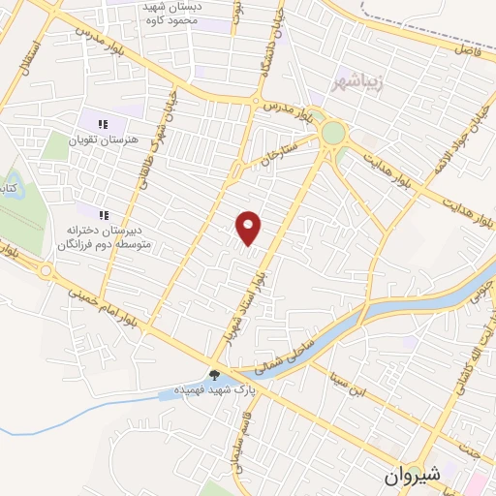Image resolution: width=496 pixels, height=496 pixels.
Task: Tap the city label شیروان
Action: (412, 476)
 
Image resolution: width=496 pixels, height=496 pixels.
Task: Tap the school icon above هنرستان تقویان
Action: (104, 123)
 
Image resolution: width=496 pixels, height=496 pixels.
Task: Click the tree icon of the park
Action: (214, 375)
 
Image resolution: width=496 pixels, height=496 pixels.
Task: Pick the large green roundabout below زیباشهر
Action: (333, 132)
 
